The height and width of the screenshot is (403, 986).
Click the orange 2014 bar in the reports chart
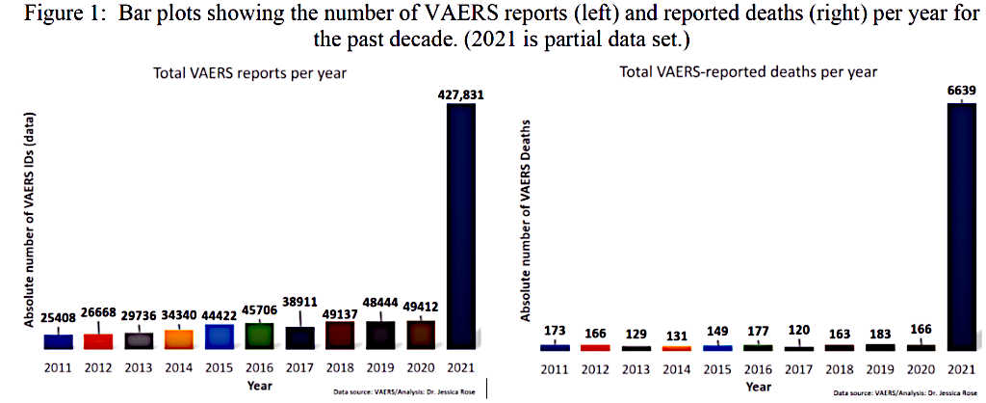(179, 338)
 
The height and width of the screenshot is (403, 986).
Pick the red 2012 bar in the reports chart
(98, 340)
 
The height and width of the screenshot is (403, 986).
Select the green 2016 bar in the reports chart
(260, 336)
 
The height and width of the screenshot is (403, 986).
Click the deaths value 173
(555, 330)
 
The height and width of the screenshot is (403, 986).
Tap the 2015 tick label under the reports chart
(220, 368)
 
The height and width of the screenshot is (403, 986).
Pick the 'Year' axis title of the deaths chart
(759, 386)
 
